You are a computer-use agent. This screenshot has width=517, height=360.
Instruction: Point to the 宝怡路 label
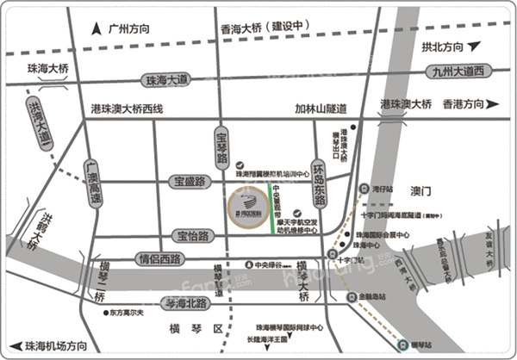coord(195,234)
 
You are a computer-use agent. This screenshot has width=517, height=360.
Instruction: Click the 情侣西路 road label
coord(161,258)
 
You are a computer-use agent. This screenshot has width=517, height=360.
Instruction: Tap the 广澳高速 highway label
coord(94,180)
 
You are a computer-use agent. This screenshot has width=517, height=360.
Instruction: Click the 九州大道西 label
coord(460,71)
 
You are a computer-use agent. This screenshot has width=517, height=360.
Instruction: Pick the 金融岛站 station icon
coord(351,296)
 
